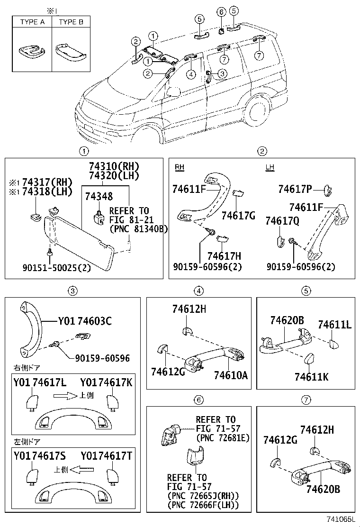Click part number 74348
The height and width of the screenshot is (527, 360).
click(x=99, y=196)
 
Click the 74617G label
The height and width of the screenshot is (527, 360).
click(x=238, y=216)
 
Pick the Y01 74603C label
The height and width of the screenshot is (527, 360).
click(x=85, y=321)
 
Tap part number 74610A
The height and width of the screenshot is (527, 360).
click(x=231, y=375)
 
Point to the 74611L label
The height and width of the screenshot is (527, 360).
click(x=334, y=325)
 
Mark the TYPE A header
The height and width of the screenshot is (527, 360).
click(x=32, y=22)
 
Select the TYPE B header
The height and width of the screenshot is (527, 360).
click(x=71, y=22)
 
